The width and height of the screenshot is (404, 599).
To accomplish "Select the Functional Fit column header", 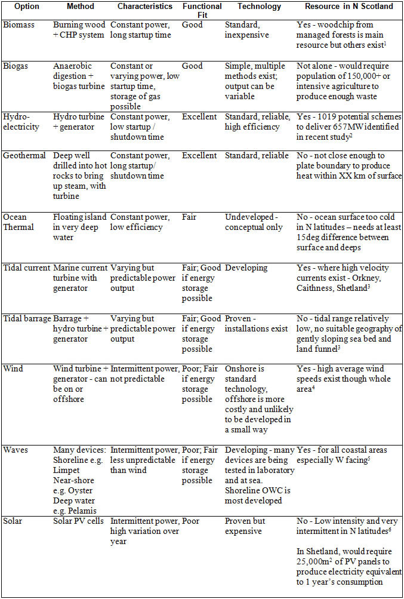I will click(202, 10).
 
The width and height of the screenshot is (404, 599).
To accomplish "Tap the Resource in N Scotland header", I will click(349, 6).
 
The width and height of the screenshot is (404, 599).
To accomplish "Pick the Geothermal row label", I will click(24, 155).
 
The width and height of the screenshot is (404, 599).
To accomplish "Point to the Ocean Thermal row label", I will click(19, 222).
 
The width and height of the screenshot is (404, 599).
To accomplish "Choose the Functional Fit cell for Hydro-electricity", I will click(200, 116).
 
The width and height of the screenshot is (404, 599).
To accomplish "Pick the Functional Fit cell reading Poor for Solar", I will click(192, 521).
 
